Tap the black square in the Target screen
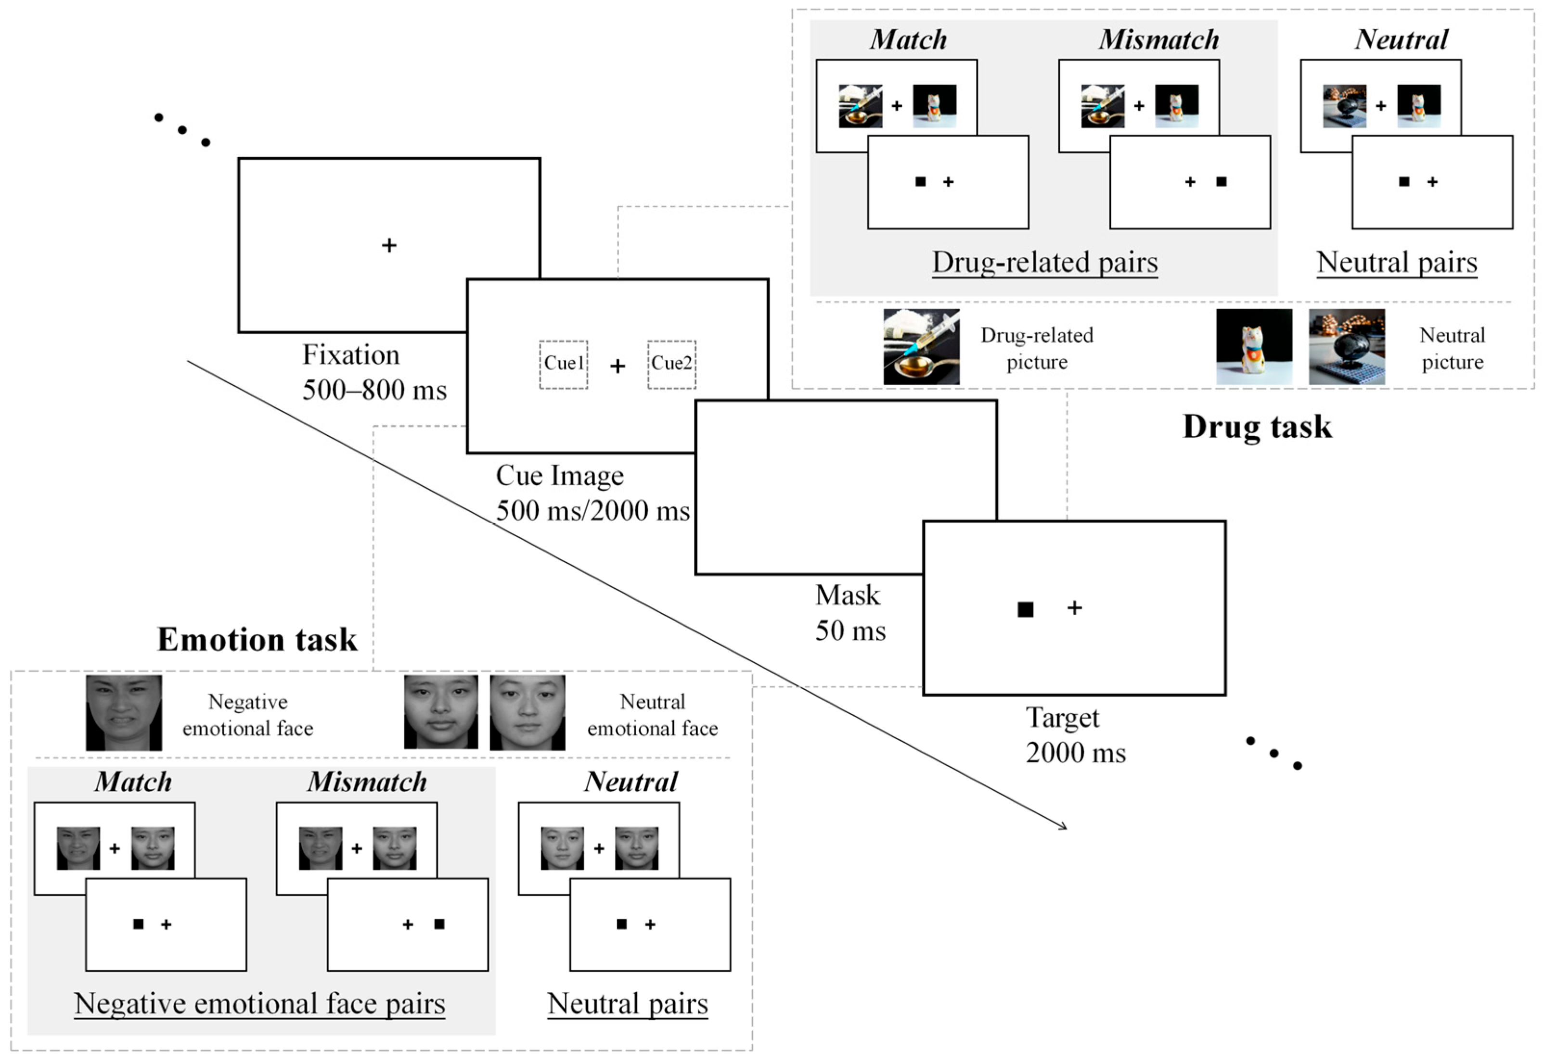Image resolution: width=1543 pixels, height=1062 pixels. [x=1025, y=609]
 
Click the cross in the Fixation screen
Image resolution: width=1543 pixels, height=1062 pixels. [x=389, y=245]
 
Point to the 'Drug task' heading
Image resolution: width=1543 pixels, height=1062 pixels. [x=1257, y=427]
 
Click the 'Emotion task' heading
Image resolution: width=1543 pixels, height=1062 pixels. [x=257, y=640]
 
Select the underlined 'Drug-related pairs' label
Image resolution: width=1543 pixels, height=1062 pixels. [x=1044, y=262]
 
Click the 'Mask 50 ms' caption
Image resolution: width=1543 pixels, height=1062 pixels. [x=850, y=613]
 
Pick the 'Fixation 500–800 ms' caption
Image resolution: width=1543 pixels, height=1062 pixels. [x=374, y=372]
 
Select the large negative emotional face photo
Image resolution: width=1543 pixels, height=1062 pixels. [x=124, y=713]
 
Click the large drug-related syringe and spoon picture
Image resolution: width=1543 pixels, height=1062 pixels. [x=921, y=347]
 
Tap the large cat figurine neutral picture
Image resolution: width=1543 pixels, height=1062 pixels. [x=1254, y=347]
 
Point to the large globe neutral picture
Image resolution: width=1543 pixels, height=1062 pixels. [x=1347, y=347]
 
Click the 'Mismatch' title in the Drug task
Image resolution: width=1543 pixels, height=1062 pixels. [x=1159, y=40]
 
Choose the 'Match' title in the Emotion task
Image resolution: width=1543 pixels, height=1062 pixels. [x=133, y=782]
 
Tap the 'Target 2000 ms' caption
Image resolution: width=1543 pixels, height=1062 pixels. [x=1076, y=735]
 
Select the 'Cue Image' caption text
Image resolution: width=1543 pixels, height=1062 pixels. [x=560, y=476]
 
